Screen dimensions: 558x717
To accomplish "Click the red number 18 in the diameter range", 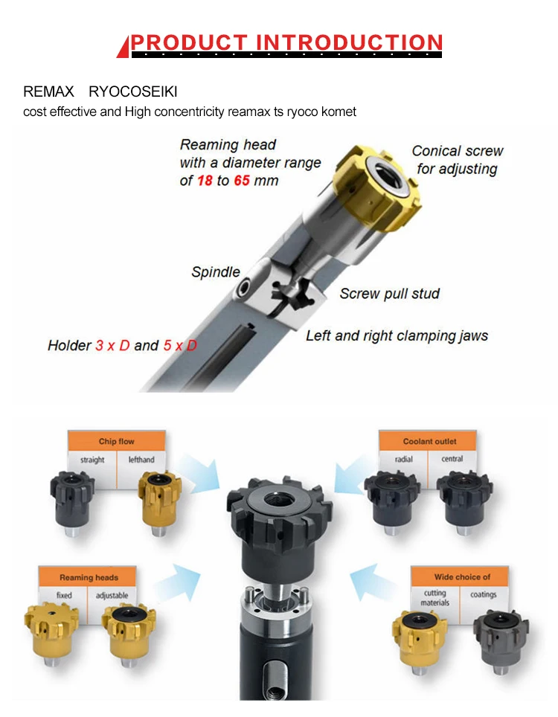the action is tap(205, 181).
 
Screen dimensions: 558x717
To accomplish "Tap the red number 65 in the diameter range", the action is tap(242, 181).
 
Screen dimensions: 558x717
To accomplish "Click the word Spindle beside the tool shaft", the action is tap(216, 272).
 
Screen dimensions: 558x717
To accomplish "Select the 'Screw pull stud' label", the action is tap(390, 294).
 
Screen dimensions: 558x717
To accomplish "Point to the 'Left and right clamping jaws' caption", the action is tap(397, 335).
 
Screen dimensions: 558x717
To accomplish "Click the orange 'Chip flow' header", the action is tap(117, 441).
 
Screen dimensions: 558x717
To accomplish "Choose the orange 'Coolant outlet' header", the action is tap(429, 441).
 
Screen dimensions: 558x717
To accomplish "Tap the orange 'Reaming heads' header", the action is tap(89, 577).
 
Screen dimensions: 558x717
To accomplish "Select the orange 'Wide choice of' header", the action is tap(462, 577).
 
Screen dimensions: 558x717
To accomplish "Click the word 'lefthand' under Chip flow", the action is tap(141, 460).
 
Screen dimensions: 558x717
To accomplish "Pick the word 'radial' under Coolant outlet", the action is tap(404, 459).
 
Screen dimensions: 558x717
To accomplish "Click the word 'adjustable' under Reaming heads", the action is tap(112, 595).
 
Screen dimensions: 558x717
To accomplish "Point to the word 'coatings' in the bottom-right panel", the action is tap(484, 594).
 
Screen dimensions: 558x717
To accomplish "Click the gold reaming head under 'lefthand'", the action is tap(160, 502).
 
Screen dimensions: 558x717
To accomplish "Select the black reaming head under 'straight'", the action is tap(72, 502).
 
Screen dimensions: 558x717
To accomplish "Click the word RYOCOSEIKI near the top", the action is tap(133, 91).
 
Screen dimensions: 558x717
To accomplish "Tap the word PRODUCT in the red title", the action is tap(189, 42).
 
